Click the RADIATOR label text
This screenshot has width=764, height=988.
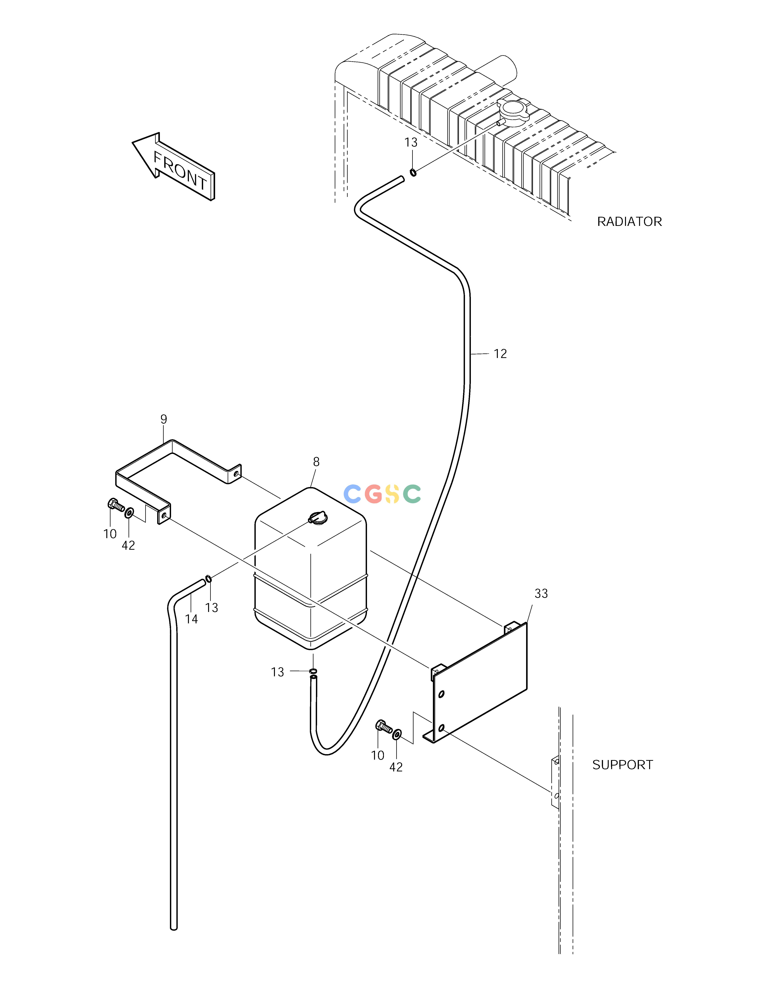629,222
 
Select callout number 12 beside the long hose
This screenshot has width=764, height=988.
500,354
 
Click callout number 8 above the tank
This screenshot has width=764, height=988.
316,462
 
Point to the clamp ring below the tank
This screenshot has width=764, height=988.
313,670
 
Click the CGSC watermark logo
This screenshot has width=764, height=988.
382,494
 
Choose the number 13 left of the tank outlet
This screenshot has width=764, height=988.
277,672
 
